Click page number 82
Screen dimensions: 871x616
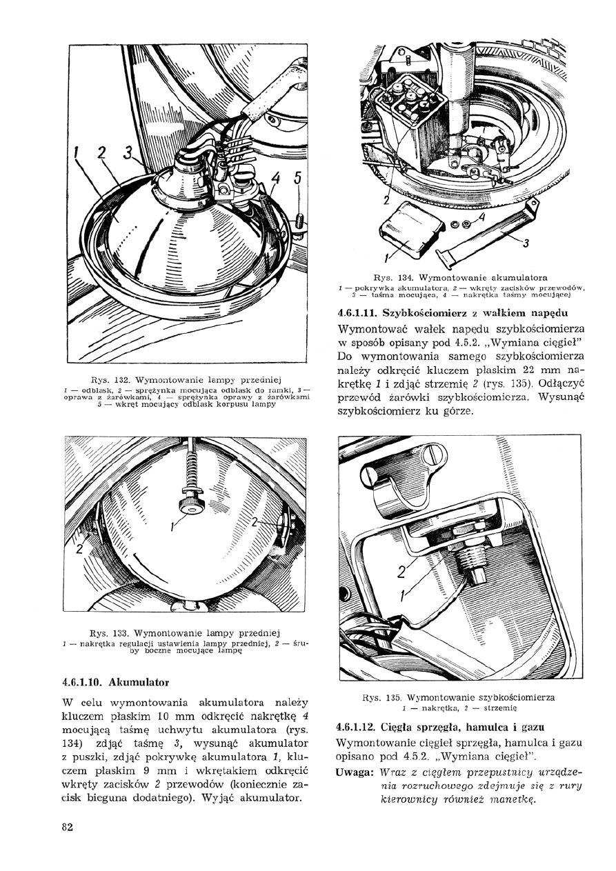click(x=67, y=828)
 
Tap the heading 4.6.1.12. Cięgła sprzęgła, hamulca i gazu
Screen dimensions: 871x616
click(x=439, y=727)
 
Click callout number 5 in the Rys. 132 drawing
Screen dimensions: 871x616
click(x=298, y=178)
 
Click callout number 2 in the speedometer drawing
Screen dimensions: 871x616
click(x=401, y=571)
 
